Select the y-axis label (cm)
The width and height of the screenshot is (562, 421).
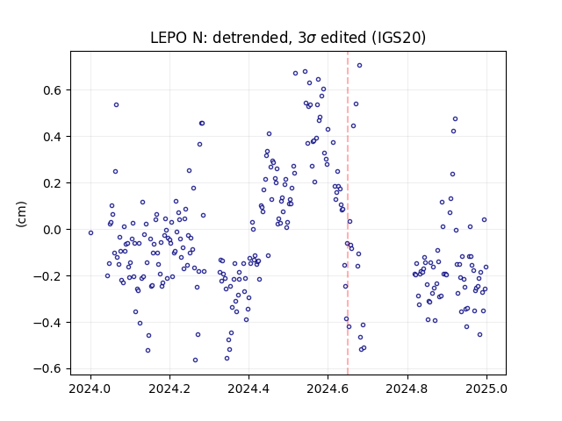pos(21,214)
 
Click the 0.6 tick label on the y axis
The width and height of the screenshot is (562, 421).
pos(53,90)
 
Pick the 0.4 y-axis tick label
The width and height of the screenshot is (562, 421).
pos(53,137)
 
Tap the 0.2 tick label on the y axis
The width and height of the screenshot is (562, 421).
pos(53,183)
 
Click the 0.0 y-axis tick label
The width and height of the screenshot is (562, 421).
pos(53,230)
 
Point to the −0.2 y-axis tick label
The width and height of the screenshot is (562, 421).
pos(47,276)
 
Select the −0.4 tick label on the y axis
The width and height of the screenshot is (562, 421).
pos(47,323)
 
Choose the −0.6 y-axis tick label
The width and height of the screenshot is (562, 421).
pos(47,369)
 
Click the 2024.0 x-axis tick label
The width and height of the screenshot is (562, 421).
pos(90,389)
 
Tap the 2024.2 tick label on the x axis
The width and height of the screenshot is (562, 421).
pos(169,389)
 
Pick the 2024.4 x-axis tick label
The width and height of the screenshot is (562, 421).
pos(249,389)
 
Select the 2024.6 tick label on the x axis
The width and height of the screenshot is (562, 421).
pos(328,389)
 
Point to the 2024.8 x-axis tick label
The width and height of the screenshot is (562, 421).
pos(407,389)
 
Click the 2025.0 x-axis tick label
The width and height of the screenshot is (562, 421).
pos(486,389)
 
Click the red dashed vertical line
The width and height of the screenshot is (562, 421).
pos(348,213)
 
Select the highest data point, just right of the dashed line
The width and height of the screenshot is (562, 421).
pos(359,65)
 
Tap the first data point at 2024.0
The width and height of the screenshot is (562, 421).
pos(90,233)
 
